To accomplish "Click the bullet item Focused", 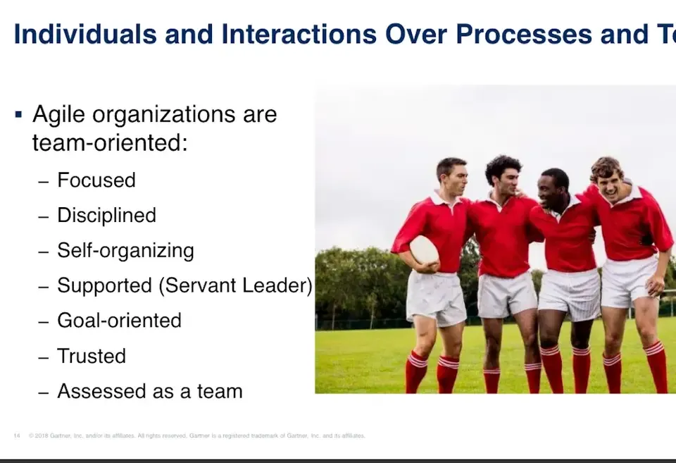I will coord(96,180).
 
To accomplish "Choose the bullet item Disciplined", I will coord(106,216).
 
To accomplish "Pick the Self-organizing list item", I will coord(125,251).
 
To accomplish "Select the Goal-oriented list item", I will coord(119,321).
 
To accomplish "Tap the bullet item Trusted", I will coord(92,356).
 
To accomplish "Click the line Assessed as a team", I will coord(149,391).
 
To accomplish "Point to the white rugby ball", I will coord(424,249).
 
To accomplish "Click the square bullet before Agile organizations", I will coord(18,113).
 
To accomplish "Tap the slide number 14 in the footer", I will coord(16,436).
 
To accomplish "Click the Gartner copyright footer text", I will coord(197,436).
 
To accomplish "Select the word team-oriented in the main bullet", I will coord(109,143).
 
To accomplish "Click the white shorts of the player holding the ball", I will coord(435,297).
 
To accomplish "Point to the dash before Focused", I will coord(44,181).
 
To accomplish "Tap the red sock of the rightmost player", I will coord(656,366).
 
